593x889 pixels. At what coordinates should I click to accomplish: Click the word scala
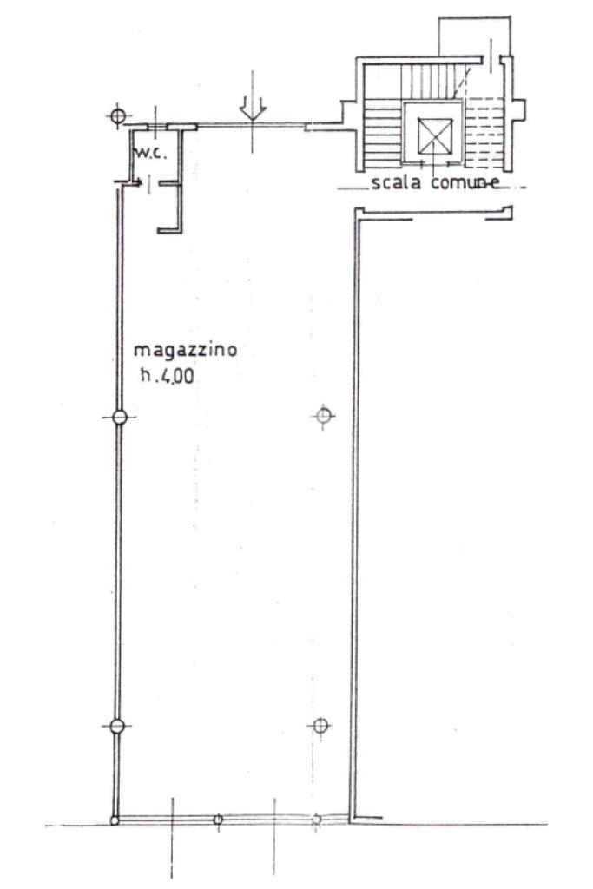tap(394, 182)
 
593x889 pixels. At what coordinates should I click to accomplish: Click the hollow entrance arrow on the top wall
tap(253, 107)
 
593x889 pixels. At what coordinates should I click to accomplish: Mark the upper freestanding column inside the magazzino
tap(324, 418)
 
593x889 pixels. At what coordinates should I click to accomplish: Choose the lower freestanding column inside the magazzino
tap(320, 726)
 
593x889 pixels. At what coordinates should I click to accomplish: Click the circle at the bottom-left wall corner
tap(114, 819)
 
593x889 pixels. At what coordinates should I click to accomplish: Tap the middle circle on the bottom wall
tap(218, 819)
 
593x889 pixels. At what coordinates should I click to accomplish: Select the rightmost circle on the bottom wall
tap(317, 819)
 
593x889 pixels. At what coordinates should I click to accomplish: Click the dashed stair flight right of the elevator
tap(485, 132)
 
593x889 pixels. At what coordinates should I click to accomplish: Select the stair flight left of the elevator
tap(383, 132)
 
